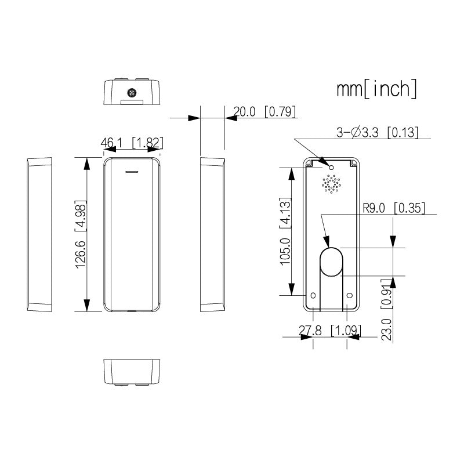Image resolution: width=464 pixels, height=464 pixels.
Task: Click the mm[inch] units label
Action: click(376, 89)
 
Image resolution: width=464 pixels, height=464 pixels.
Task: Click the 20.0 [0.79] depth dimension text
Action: click(264, 111)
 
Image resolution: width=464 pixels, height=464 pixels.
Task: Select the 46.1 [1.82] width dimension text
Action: click(132, 143)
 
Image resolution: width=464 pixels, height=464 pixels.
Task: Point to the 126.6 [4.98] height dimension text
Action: click(81, 234)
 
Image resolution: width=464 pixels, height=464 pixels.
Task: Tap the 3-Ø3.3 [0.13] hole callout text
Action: click(378, 132)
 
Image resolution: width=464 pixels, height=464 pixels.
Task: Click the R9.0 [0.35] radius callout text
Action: click(394, 208)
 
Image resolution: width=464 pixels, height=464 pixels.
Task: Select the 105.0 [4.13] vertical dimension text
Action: click(285, 231)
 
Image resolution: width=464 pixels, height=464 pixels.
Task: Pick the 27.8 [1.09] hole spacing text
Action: click(330, 330)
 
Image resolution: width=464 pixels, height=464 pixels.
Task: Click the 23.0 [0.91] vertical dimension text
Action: click(386, 310)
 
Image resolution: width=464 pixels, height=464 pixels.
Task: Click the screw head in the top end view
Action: click(132, 93)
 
